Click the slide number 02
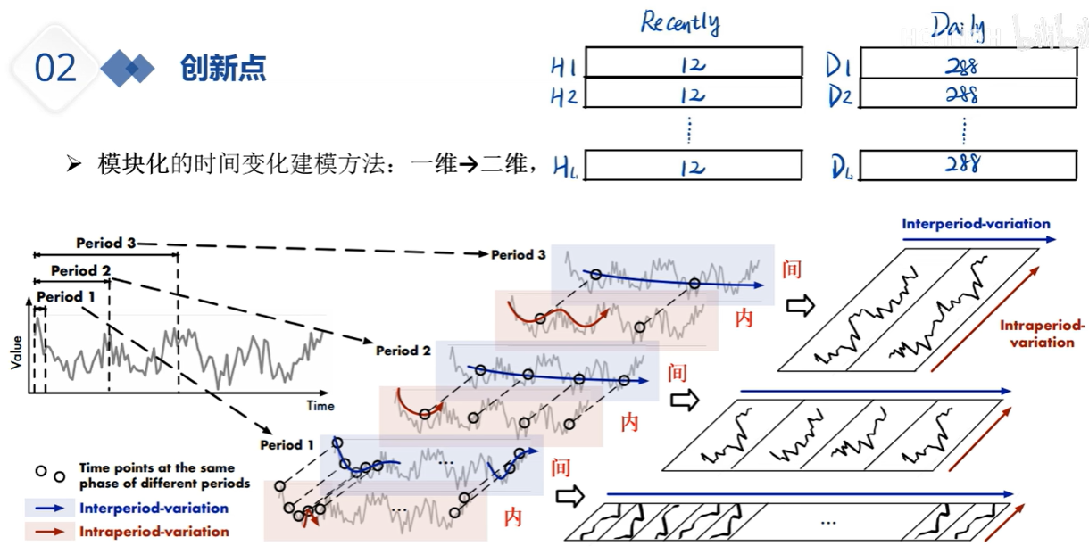[x=55, y=69]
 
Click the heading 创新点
[x=223, y=68]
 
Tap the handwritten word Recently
[x=679, y=21]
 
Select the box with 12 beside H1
[x=694, y=65]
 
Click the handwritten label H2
[x=563, y=96]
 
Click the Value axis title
[x=15, y=353]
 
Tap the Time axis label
[x=320, y=406]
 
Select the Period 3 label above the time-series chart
[x=105, y=244]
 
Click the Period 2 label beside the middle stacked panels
[x=403, y=351]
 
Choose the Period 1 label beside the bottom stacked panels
[x=287, y=444]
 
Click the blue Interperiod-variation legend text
[x=154, y=509]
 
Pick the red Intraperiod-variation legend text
[x=154, y=532]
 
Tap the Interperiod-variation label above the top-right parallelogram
[x=976, y=224]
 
